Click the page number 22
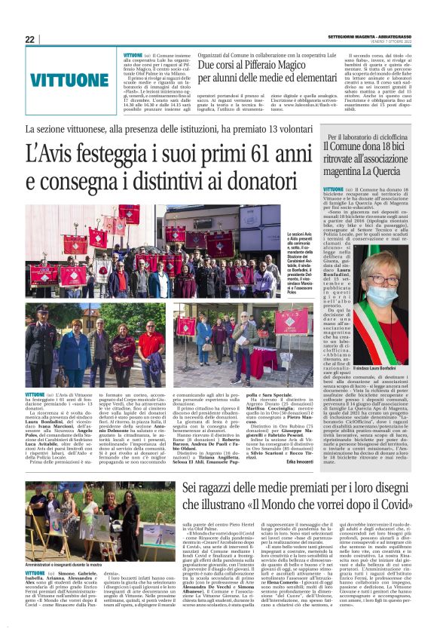(29, 39)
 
